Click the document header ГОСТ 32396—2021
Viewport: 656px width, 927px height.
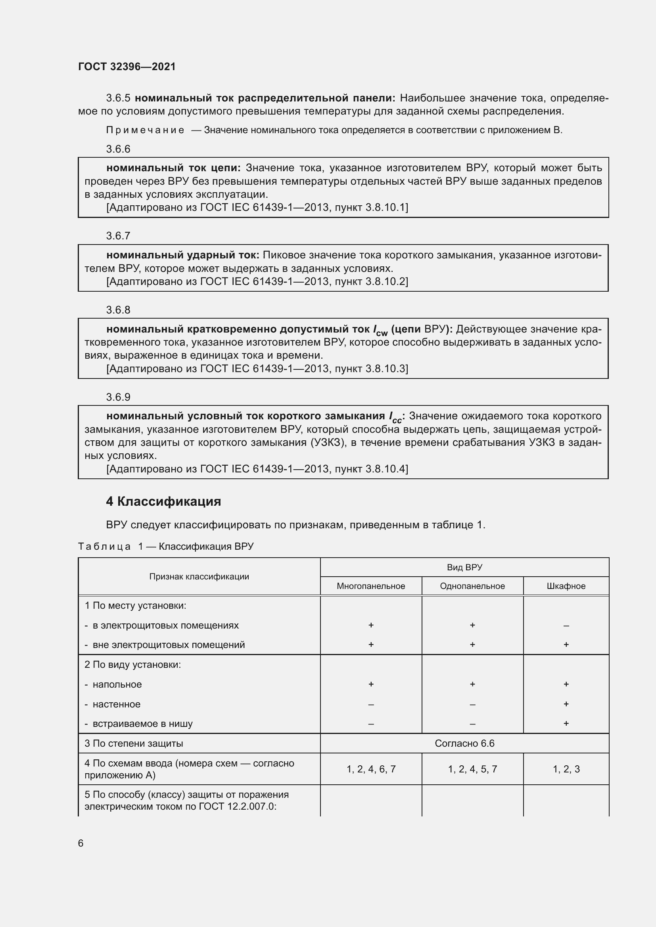127,67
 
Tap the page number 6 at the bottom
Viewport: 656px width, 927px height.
81,843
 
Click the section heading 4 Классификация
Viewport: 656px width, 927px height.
163,501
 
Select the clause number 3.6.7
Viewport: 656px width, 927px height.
118,236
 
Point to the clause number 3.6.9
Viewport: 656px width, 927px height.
118,397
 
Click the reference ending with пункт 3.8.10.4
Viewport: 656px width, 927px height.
257,469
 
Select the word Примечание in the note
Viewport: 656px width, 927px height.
145,130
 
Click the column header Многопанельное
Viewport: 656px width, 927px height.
371,586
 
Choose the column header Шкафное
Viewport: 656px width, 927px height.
566,586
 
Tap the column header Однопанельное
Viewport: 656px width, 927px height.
472,586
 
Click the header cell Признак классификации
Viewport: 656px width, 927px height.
199,577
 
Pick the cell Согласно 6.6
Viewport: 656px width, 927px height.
464,743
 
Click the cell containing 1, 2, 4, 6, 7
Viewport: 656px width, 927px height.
371,769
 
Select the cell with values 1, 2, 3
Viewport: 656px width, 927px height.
566,769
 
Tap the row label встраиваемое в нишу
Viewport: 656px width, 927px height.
142,724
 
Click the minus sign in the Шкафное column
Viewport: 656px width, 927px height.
566,626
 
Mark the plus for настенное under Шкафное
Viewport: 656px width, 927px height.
566,704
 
